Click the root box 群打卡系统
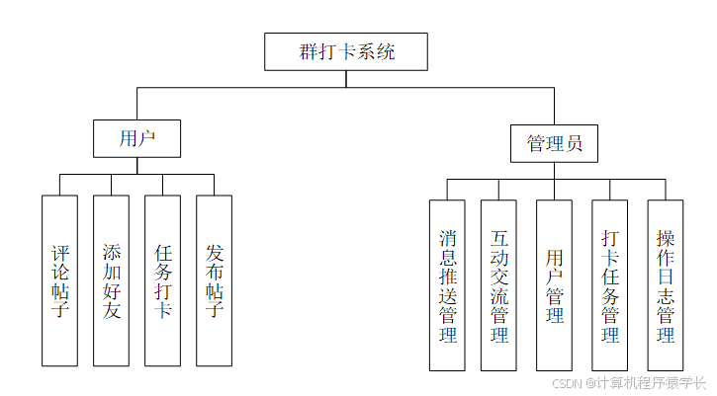tap(346, 52)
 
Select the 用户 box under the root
tap(136, 138)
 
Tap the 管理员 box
tap(554, 143)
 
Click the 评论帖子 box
tap(59, 281)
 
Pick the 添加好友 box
tap(111, 281)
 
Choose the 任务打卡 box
tap(162, 281)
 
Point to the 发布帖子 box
tap(214, 281)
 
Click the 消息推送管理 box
tap(447, 285)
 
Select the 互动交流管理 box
tap(498, 285)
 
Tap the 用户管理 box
tap(554, 285)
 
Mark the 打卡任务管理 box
tap(609, 285)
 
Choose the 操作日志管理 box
tap(665, 285)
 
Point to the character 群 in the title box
tap(309, 52)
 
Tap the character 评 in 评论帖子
tap(59, 253)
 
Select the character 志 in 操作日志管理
tap(665, 295)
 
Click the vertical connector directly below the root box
tap(346, 79)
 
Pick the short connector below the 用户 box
tap(136, 166)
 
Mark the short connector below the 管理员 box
tap(554, 171)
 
